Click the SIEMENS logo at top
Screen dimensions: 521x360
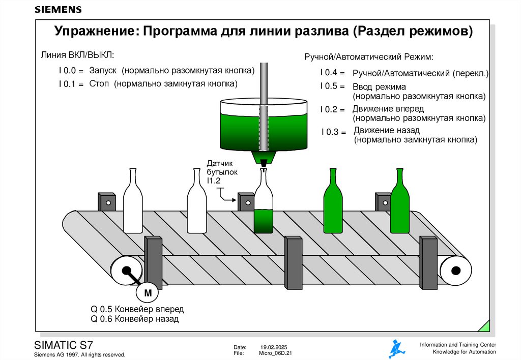(x=58, y=10)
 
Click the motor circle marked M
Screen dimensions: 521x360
(x=148, y=293)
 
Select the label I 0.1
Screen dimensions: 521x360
(x=70, y=84)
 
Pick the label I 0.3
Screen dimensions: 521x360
(x=333, y=132)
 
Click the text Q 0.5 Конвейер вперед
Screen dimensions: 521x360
(x=137, y=309)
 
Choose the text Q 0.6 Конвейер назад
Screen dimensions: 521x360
(x=134, y=319)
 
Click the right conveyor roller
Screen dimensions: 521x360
(x=455, y=269)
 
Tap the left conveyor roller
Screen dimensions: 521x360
(x=125, y=270)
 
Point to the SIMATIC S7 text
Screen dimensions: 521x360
(x=63, y=344)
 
